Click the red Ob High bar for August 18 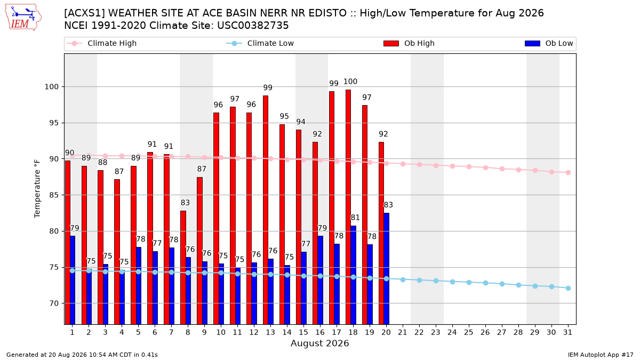coord(348,207)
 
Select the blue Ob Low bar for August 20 coord(386,269)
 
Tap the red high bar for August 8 coord(183,267)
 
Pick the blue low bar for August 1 coord(73,280)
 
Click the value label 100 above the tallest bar coord(350,82)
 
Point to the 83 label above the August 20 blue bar coord(388,205)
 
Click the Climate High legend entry coord(102,43)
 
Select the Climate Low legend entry coord(260,43)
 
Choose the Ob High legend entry coord(409,43)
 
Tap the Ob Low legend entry coord(549,43)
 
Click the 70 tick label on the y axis coord(54,303)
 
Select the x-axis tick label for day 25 coord(469,333)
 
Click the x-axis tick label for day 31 coord(567,333)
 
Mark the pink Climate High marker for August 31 coord(569,173)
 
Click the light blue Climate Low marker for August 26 coord(485,283)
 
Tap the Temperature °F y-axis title coord(37,189)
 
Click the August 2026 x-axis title coord(319,343)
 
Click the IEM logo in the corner coord(23,18)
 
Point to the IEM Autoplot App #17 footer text coord(601,355)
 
